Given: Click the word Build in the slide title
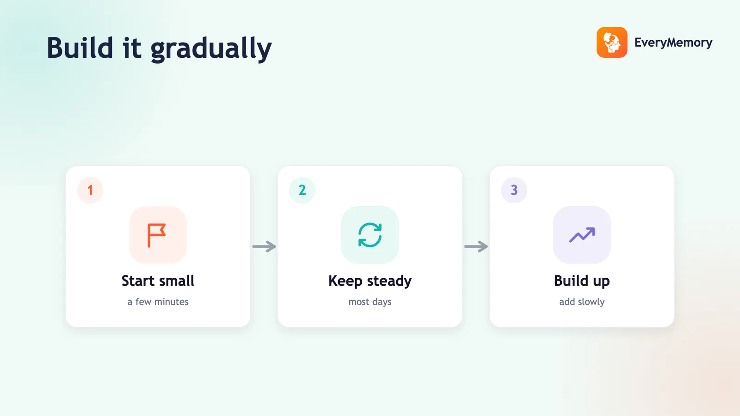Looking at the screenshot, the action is click(80, 48).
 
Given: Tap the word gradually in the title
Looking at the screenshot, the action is click(211, 49).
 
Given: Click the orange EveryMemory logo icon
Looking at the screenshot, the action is click(612, 42).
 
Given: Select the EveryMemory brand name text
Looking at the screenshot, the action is click(673, 43).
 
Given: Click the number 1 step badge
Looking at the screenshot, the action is click(90, 190).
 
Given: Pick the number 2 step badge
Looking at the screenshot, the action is click(302, 190).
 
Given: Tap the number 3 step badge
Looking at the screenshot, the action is click(514, 190).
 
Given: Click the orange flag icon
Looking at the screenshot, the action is click(156, 235).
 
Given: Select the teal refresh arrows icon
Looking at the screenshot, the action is click(370, 235).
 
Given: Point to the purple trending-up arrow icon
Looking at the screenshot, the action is click(582, 235).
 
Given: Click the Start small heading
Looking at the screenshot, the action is click(158, 281).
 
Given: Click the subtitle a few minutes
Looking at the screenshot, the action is click(158, 302).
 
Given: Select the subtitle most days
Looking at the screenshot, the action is click(370, 302).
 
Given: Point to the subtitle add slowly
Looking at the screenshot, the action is click(582, 302).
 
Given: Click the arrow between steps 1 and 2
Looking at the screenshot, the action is click(264, 246).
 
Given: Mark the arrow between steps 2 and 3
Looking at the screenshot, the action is click(476, 246).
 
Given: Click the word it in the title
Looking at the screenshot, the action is click(132, 48).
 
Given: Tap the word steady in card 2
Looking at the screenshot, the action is click(389, 281).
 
